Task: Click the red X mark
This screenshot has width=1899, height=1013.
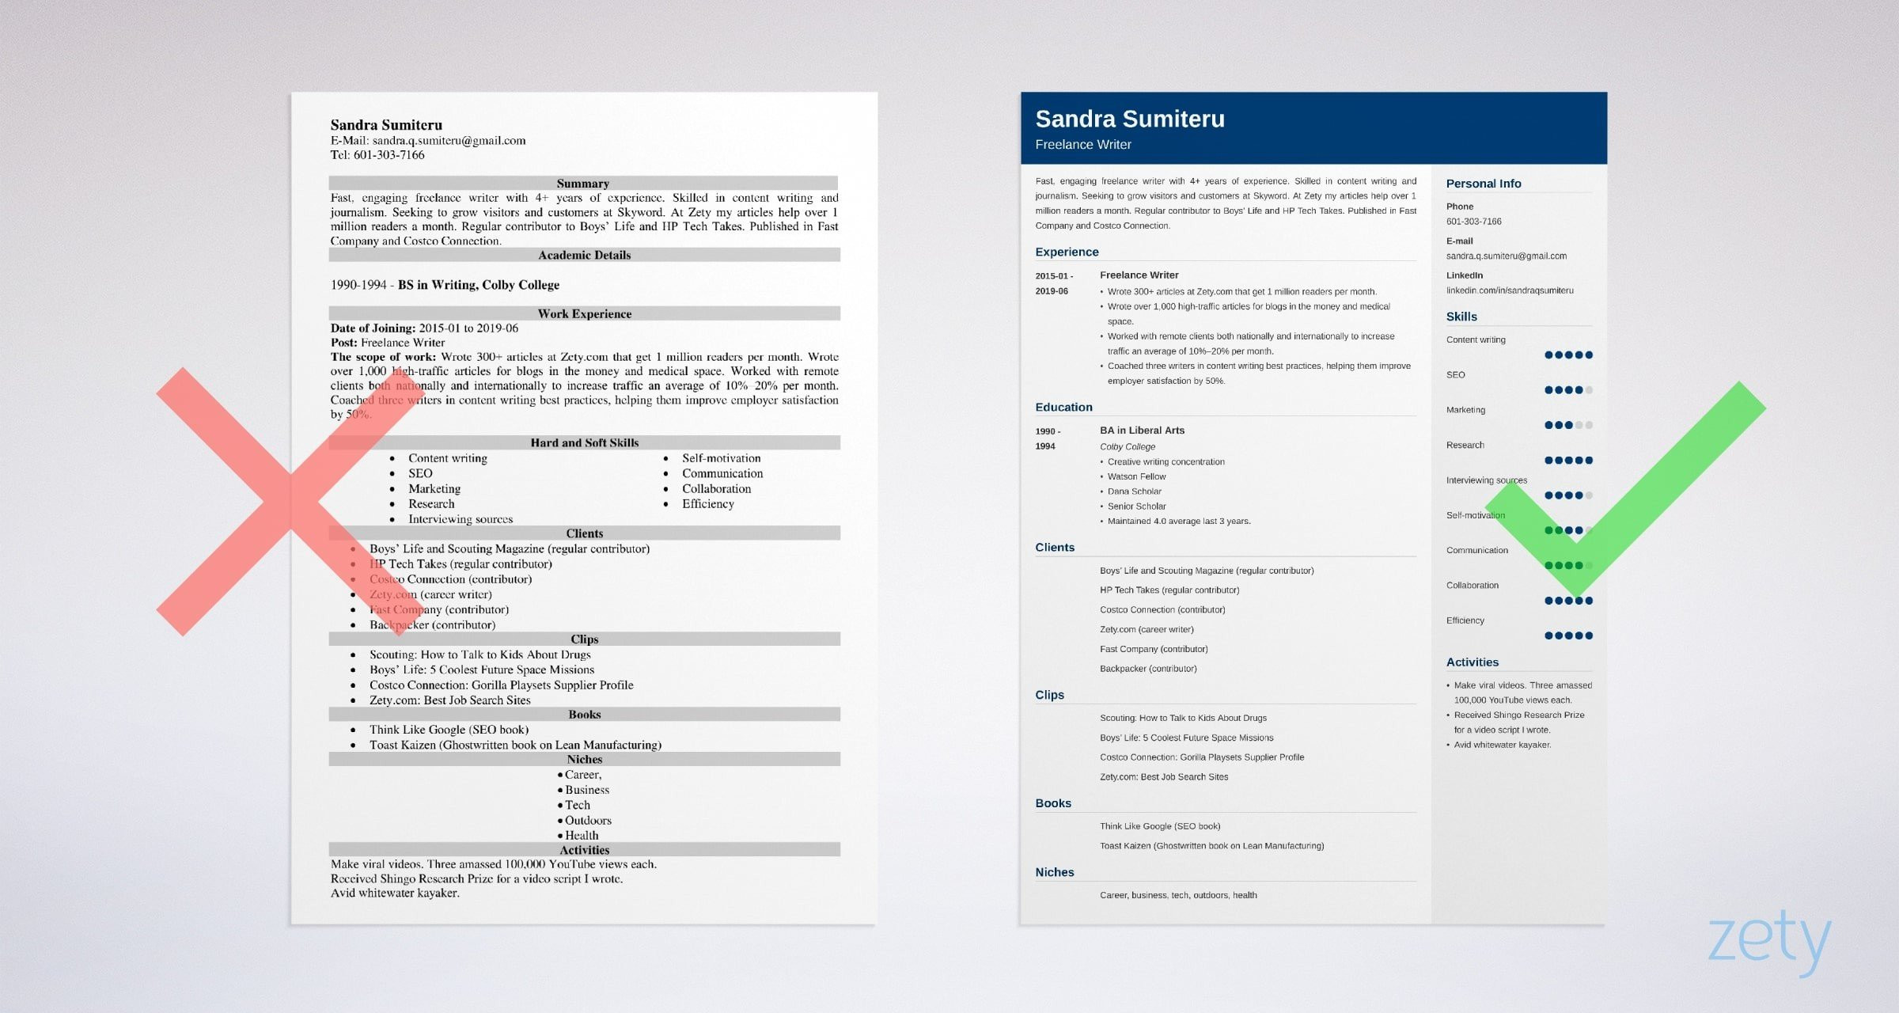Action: [x=290, y=501]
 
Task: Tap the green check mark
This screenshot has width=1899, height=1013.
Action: [x=1622, y=506]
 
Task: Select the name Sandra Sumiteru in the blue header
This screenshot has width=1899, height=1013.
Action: [x=1129, y=119]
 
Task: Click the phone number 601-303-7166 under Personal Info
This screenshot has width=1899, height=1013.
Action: [x=1473, y=222]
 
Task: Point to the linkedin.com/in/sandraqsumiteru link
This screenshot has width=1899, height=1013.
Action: [x=1509, y=290]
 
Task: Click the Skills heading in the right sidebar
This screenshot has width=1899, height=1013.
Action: [x=1461, y=317]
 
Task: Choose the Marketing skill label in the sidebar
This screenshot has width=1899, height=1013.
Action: [x=1465, y=410]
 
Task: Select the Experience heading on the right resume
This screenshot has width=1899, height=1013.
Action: [x=1067, y=252]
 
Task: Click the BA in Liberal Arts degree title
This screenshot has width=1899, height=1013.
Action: [x=1142, y=431]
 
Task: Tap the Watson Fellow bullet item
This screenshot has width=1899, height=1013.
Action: [x=1136, y=476]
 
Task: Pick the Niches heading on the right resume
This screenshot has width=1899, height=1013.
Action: [x=1054, y=872]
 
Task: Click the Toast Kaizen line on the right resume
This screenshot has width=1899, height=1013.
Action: [x=1211, y=846]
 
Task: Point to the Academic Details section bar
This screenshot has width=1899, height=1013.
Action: [x=584, y=255]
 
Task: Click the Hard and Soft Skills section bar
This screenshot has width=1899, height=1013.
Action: [x=584, y=442]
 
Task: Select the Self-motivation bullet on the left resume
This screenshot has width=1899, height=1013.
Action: [x=721, y=458]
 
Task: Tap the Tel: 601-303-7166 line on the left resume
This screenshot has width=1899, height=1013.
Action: [x=377, y=155]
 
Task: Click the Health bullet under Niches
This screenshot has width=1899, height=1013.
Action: [x=582, y=836]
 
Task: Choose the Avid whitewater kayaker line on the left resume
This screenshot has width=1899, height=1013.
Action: [x=395, y=893]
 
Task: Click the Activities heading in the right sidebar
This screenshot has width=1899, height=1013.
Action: [x=1472, y=662]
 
